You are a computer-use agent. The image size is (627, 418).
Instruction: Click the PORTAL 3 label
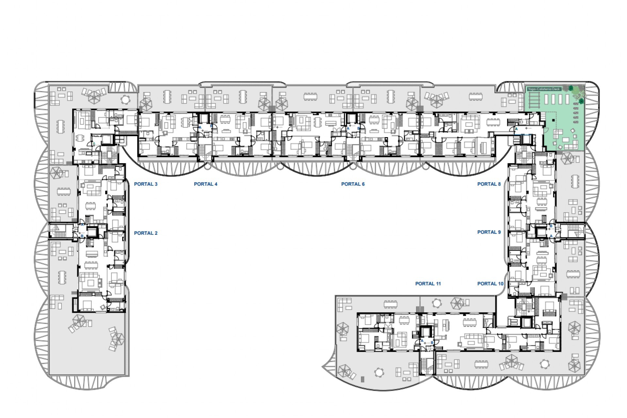tap(146, 184)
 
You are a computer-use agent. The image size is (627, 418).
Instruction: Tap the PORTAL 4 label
tap(205, 184)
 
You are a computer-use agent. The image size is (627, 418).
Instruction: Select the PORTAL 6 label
tap(353, 184)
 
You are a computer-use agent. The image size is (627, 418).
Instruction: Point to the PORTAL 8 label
tap(489, 184)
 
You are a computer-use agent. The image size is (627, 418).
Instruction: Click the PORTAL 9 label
tap(489, 232)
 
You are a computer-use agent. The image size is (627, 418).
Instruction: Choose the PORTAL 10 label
tap(490, 284)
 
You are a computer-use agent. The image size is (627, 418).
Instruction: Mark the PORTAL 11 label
tap(428, 284)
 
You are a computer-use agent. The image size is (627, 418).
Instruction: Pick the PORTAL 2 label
tap(146, 233)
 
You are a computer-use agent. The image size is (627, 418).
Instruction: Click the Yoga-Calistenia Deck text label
tap(544, 89)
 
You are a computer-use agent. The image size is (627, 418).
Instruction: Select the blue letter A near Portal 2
tap(83, 225)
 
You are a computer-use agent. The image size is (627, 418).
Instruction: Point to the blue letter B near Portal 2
tap(82, 236)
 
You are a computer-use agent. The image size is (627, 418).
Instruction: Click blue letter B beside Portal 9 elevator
tap(551, 226)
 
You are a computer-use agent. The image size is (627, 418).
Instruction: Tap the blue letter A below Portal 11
tap(422, 341)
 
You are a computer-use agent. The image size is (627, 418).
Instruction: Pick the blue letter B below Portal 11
tap(432, 343)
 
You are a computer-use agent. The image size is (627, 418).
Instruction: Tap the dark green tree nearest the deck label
tap(571, 88)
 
